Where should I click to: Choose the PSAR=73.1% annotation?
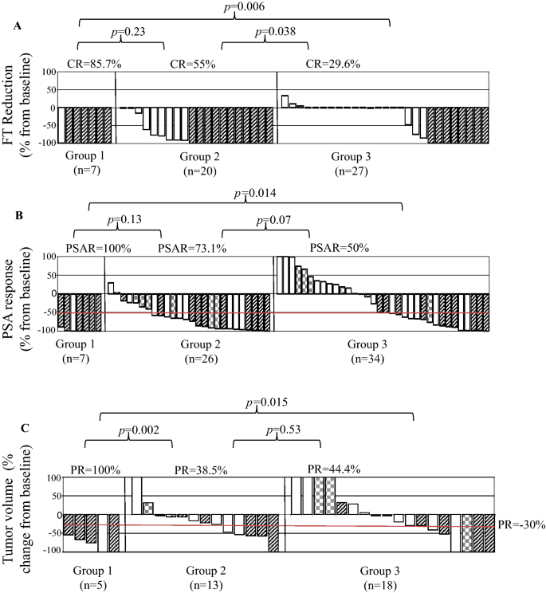pyautogui.click(x=192, y=248)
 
